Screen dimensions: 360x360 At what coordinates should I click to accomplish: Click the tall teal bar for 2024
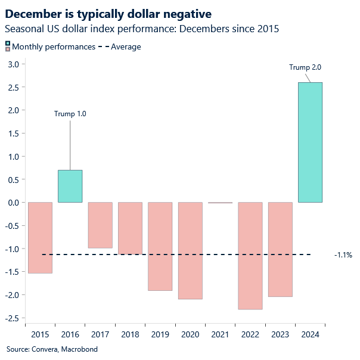click(x=310, y=142)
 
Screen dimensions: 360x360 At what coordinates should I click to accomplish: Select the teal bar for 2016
click(x=70, y=186)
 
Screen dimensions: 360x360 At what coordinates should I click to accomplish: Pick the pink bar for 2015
click(x=40, y=237)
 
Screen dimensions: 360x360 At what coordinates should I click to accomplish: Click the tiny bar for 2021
click(x=220, y=203)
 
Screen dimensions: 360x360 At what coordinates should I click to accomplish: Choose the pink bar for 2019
click(x=160, y=246)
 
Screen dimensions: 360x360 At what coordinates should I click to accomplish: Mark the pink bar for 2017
click(x=100, y=225)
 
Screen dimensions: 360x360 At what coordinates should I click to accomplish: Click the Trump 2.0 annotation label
click(x=305, y=67)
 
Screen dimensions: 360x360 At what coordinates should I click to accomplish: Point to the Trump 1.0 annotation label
click(x=70, y=114)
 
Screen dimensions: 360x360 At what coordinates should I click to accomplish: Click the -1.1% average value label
click(x=343, y=255)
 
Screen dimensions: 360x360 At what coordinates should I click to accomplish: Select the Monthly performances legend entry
click(x=53, y=46)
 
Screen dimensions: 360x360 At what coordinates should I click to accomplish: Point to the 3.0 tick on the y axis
click(x=13, y=64)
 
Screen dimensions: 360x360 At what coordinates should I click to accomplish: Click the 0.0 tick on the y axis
click(x=13, y=203)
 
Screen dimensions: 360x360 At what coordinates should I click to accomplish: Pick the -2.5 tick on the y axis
click(x=11, y=318)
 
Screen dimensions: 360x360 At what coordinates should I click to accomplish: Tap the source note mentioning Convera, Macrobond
click(x=52, y=349)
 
